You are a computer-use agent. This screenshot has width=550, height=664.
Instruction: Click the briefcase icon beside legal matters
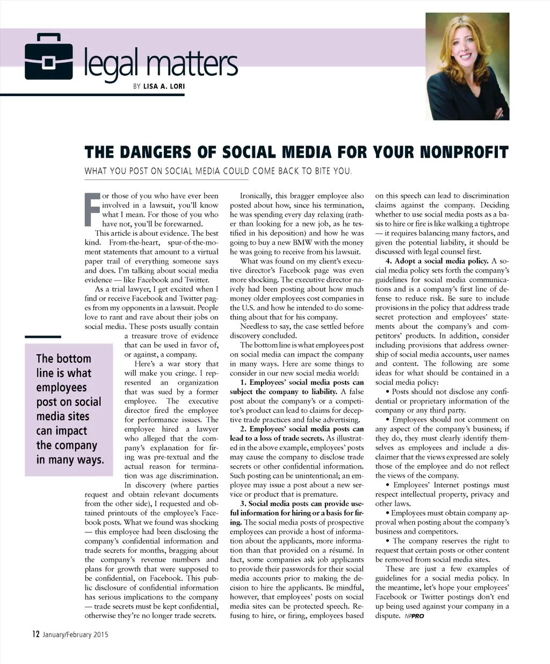[49, 57]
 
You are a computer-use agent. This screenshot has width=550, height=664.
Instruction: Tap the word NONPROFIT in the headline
[463, 152]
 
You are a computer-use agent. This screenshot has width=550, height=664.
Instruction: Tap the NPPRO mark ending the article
[415, 616]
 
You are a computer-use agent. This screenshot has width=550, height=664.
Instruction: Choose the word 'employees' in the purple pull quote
[61, 388]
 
